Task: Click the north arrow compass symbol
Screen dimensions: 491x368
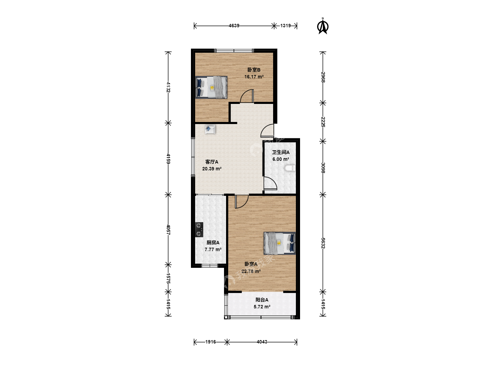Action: point(323,26)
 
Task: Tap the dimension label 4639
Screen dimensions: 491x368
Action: point(234,26)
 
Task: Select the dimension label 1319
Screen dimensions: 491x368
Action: point(286,26)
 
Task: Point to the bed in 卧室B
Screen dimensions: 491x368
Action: point(211,87)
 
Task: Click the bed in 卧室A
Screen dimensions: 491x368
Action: point(280,243)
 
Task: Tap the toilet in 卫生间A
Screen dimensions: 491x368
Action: point(290,168)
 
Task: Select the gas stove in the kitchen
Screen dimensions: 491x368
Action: point(199,229)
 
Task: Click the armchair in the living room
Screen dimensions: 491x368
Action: point(210,129)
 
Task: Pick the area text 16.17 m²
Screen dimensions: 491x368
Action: point(254,77)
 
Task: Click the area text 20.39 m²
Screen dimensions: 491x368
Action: point(212,169)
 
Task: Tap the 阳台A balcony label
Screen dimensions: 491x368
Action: point(262,300)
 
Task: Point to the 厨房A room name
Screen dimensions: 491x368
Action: point(213,242)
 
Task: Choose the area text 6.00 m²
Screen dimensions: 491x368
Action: point(281,159)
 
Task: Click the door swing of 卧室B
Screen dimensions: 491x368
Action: point(247,96)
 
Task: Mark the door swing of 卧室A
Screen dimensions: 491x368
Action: point(242,201)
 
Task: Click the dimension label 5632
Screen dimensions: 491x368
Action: point(323,243)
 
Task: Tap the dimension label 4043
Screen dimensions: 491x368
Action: point(262,342)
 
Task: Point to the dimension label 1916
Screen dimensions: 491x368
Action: point(210,342)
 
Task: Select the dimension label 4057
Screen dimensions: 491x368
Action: point(168,230)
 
